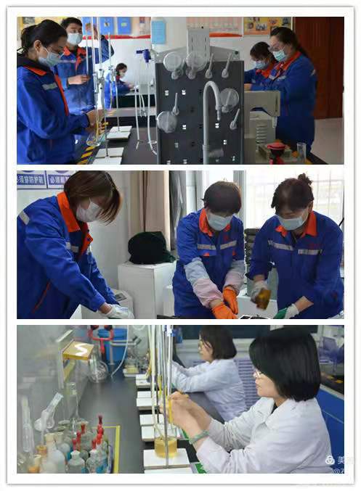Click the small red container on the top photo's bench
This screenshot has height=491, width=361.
coord(276,150)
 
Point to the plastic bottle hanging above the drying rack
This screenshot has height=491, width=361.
coord(158,33)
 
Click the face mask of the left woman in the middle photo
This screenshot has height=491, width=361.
coord(89,211)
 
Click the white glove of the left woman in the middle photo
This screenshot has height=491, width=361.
coord(118,312)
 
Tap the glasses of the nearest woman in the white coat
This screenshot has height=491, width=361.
coord(259,374)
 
